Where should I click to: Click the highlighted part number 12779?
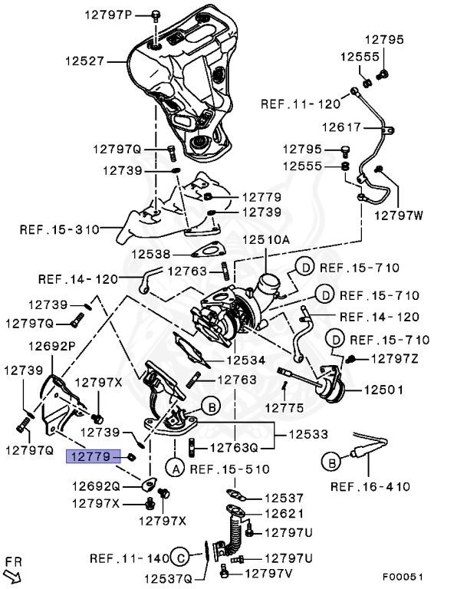93,456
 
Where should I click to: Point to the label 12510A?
267,240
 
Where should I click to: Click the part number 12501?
383,390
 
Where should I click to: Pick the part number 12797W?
398,216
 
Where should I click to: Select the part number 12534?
245,360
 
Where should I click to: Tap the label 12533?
309,435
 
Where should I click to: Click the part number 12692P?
52,347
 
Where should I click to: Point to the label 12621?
284,513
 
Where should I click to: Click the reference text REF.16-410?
370,486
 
